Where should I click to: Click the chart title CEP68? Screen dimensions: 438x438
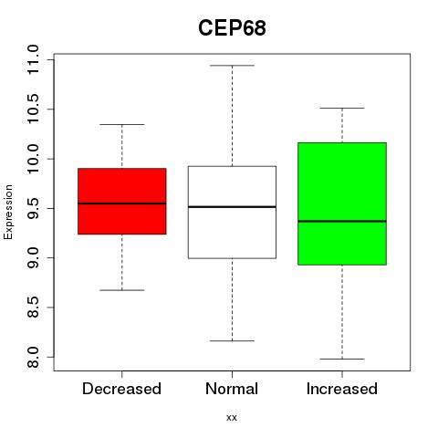pos(232,28)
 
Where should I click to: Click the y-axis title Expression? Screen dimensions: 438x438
pos(8,212)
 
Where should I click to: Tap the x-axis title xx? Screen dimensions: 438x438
pos(232,418)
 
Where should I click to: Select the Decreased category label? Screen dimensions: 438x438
pos(121,389)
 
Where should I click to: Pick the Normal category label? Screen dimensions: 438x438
pos(232,389)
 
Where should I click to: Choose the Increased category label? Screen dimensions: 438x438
pos(342,389)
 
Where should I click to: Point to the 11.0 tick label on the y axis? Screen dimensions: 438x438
pos(33,59)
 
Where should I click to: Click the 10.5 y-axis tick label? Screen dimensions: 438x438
pos(33,109)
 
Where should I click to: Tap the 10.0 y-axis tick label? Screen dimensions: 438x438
pos(33,159)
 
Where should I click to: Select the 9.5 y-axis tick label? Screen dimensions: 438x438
pos(33,208)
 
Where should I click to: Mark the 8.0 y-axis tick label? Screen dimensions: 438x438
pos(33,357)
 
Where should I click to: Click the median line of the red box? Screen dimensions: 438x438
pos(122,203)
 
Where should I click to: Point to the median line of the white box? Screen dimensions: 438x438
pos(232,207)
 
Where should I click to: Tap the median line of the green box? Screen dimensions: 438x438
pos(342,221)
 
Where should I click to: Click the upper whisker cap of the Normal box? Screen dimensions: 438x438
pos(232,66)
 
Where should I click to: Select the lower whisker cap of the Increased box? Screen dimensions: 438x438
pos(342,359)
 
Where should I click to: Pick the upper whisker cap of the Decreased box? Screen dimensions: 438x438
pos(122,124)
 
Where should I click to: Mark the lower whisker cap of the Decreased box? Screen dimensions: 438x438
pos(122,290)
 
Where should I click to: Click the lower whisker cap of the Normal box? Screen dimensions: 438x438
pos(232,340)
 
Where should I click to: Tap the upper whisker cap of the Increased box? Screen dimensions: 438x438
pos(342,108)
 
